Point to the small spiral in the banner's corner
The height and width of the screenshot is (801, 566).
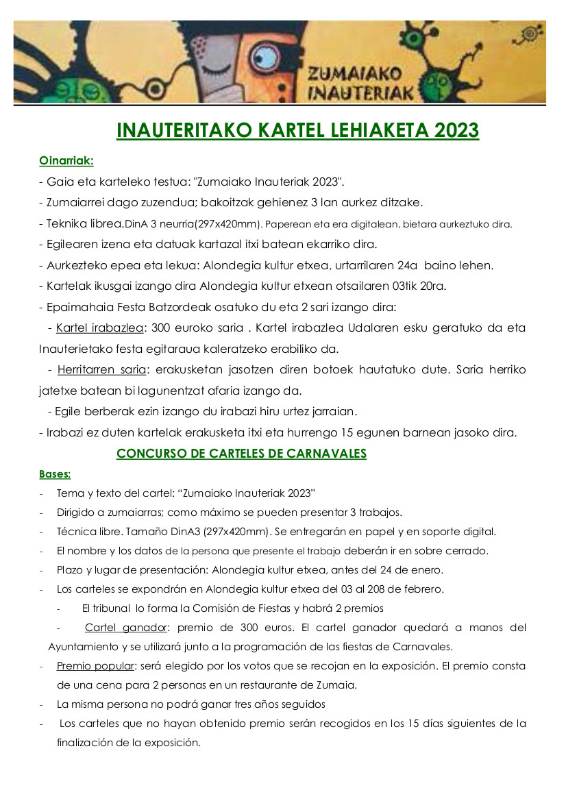528,33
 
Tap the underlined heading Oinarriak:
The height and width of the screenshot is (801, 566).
66,162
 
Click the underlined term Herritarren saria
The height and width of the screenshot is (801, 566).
101,370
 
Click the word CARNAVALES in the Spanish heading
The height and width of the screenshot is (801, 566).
328,454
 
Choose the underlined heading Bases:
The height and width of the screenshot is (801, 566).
55,473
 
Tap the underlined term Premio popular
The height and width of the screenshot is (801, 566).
95,666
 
